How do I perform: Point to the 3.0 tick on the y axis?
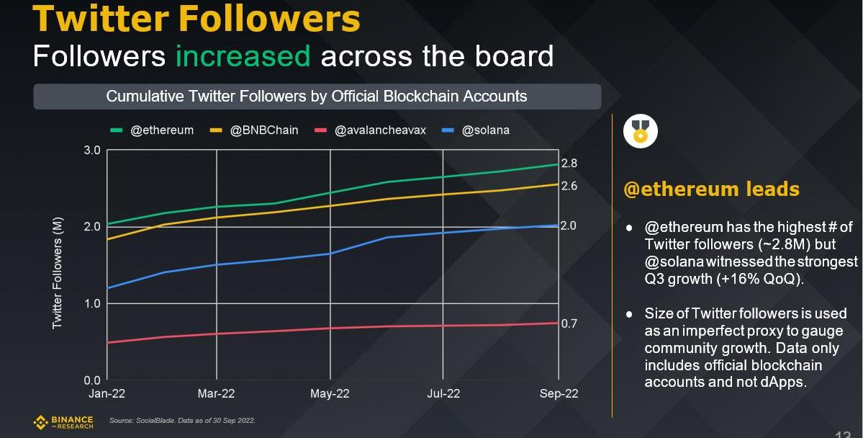(93, 151)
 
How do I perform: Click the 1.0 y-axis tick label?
(93, 303)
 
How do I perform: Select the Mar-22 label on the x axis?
(217, 393)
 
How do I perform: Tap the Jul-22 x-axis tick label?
(443, 393)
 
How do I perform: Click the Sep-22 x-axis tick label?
(559, 393)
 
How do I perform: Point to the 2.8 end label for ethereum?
(569, 164)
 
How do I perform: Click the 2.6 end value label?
(569, 186)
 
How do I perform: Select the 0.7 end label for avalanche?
(569, 323)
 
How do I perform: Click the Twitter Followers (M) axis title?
(58, 272)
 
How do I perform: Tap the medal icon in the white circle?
(640, 131)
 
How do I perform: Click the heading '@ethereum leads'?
(711, 189)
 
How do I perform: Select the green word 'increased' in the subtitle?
(243, 55)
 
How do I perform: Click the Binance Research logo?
(63, 421)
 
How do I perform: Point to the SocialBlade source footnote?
(182, 420)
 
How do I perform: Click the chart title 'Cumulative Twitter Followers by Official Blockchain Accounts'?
(317, 97)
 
